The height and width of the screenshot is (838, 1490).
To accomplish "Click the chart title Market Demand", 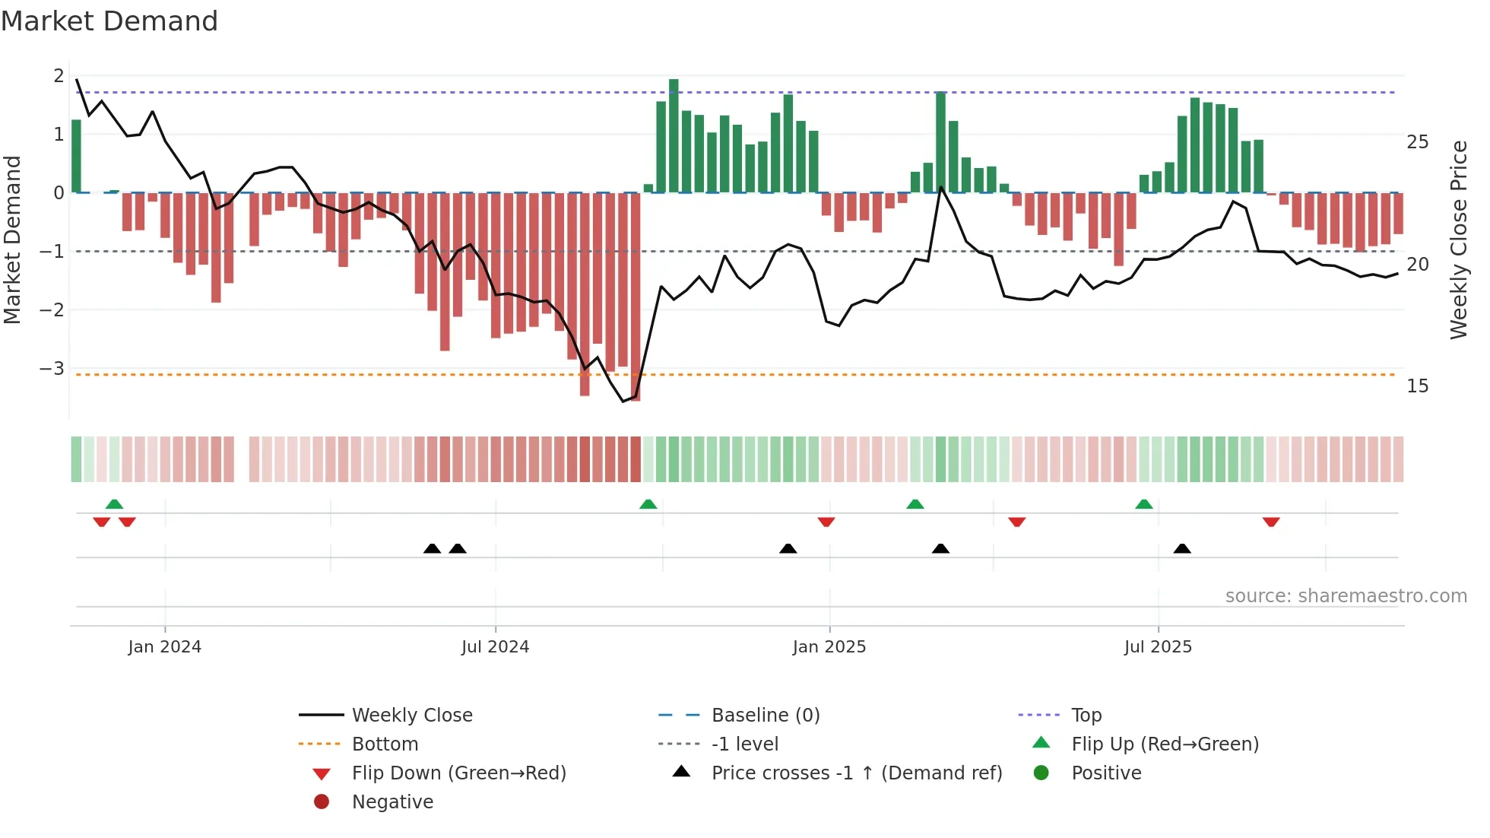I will pos(109,21).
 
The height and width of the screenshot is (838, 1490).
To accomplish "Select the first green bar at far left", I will pos(76,156).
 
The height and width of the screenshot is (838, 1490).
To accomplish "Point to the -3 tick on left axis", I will pos(52,369).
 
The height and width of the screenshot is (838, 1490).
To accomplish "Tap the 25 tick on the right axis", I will pos(1417,142).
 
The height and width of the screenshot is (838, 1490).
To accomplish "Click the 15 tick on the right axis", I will pos(1417,386).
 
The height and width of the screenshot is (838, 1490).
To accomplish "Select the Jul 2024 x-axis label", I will pos(495,647).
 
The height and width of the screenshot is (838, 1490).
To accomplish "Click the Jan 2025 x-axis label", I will pos(829,647).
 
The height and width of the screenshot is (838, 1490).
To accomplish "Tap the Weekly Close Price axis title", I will pos(1458,240).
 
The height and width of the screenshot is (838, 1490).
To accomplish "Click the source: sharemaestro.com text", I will pos(1346,596).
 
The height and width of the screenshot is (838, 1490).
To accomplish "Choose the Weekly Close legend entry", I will pos(411,716).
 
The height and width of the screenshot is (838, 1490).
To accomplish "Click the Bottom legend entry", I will pos(385,744).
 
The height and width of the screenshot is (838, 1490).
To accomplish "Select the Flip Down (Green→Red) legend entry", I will pos(458,773).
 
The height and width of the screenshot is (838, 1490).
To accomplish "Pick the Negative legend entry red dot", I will pos(322,802).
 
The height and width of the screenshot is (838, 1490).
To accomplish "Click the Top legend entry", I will pos(1086,716).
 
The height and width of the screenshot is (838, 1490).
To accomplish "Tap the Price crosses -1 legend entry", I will pos(856,773).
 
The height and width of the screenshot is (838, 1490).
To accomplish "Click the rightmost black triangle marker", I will pos(1182,549).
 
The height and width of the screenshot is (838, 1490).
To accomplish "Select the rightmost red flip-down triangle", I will pos(1271,522).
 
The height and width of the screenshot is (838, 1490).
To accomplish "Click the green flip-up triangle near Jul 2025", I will pos(1144,504).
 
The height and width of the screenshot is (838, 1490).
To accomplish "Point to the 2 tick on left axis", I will pos(59,76).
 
